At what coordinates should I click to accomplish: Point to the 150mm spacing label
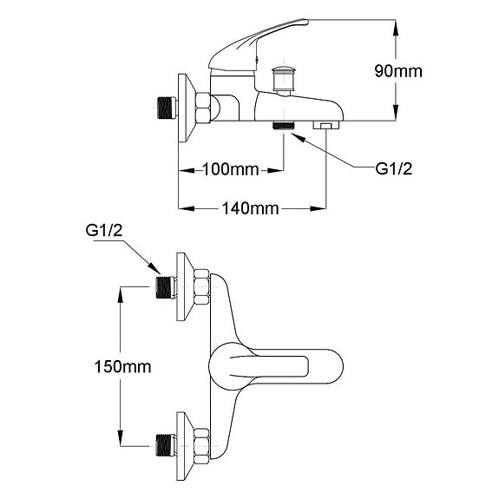pos(122,366)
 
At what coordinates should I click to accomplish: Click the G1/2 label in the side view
pos(393,169)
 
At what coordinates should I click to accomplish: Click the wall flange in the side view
pos(186,108)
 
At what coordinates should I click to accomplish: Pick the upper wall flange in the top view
pos(184,286)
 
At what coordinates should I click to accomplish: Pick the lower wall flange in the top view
pos(184,443)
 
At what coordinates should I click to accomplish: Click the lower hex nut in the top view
pos(201,443)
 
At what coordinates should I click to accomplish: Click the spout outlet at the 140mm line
pos(325,127)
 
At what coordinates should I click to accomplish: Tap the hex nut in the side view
pos(203,108)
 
